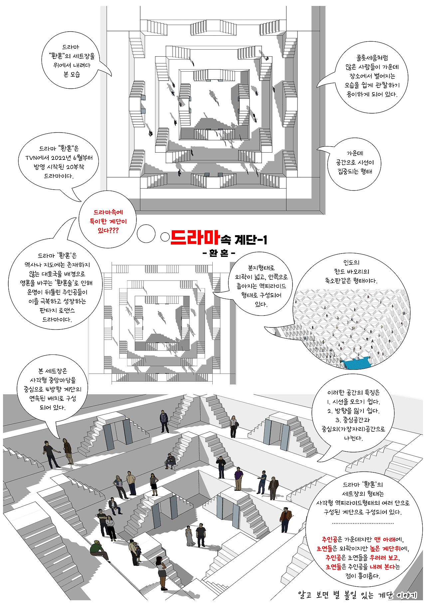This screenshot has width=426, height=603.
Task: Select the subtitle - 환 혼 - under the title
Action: click(219, 254)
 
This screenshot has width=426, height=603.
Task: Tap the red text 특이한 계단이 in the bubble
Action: click(108, 221)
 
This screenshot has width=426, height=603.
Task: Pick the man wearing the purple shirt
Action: click(238, 478)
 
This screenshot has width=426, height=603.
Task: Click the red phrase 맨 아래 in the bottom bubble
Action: click(385, 539)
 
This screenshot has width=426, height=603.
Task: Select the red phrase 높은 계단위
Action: click(386, 548)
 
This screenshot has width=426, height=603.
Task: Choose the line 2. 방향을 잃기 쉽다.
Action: click(353, 411)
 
